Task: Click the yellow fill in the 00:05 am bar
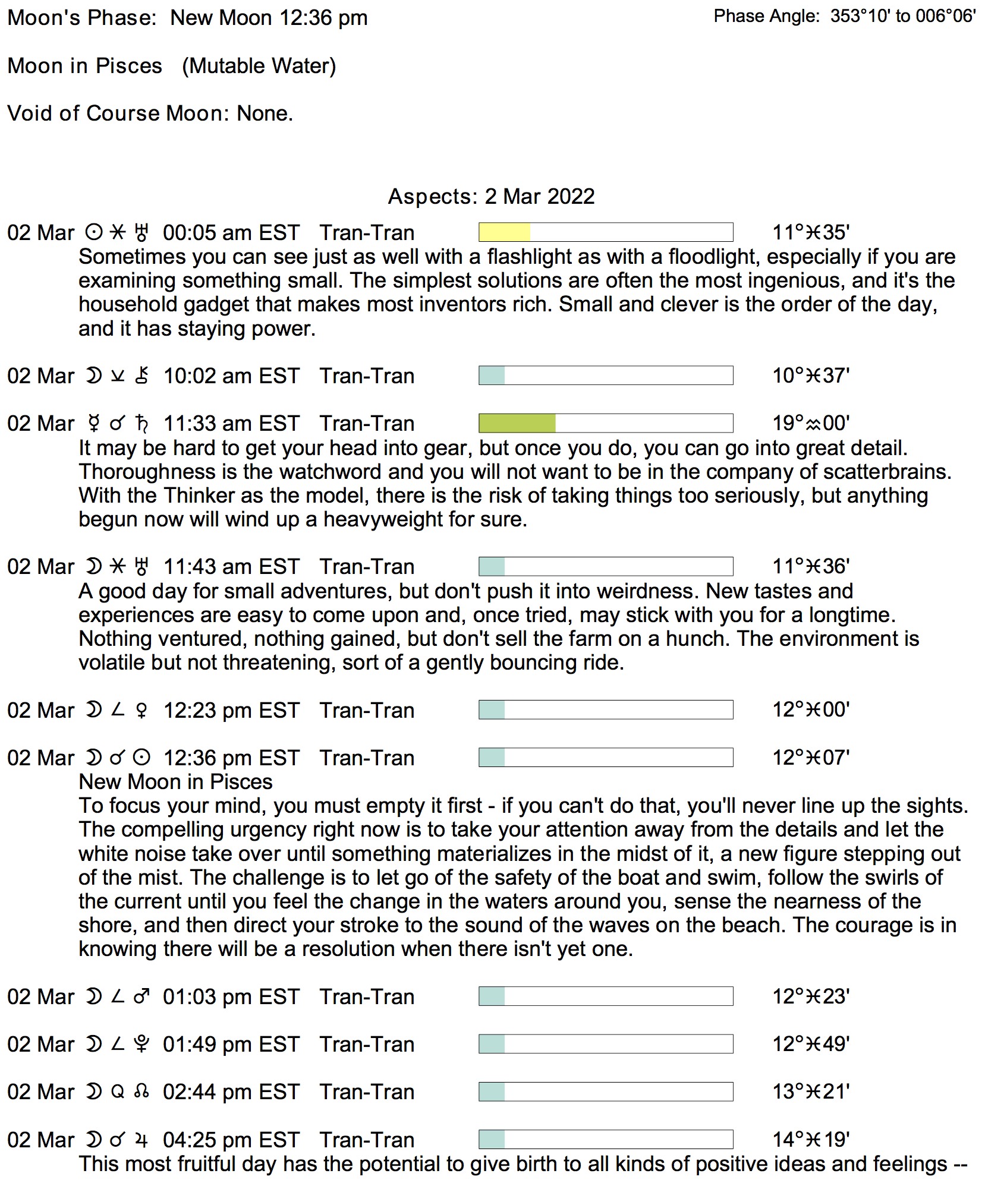click(504, 232)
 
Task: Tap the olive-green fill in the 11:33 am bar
click(517, 424)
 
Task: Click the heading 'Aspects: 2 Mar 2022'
click(491, 197)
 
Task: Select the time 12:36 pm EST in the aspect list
click(231, 758)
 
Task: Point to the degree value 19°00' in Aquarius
click(810, 424)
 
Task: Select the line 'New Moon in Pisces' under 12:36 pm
click(175, 782)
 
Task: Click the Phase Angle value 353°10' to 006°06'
click(903, 16)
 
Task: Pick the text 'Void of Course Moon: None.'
click(150, 113)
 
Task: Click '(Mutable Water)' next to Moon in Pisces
click(259, 66)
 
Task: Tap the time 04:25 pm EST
click(231, 1140)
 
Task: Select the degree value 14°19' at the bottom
click(810, 1140)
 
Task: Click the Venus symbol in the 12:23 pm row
click(141, 711)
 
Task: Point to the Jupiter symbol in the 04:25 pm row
click(141, 1140)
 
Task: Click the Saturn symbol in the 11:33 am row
click(141, 424)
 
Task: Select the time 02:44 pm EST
click(231, 1092)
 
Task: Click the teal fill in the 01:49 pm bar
click(492, 1044)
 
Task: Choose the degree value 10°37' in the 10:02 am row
click(810, 376)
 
